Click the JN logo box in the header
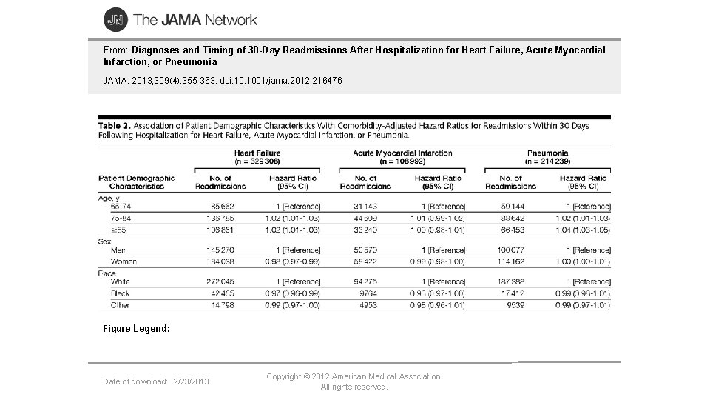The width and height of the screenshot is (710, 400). click(115, 20)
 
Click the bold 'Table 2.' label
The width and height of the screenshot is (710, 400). click(114, 126)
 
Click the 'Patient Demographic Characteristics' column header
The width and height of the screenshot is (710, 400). click(136, 181)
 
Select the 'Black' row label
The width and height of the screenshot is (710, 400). click(121, 293)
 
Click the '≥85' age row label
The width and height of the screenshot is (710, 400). click(118, 230)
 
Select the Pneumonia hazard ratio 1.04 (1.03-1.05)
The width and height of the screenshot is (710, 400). click(584, 230)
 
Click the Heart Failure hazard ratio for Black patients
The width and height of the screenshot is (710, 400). click(293, 293)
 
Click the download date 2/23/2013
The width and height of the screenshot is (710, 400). click(191, 381)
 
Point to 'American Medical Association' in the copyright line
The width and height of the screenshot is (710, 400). click(388, 376)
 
